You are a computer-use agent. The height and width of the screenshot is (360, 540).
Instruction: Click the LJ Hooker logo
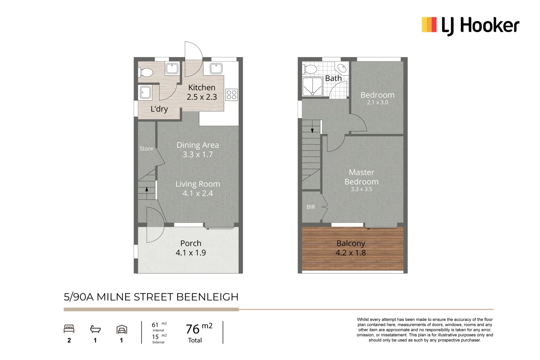pos(470,25)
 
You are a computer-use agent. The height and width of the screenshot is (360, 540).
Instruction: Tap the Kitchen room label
pos(202,88)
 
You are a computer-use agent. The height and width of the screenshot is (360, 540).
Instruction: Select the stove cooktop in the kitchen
pos(232,95)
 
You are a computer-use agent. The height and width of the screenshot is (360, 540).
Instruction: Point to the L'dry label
pos(159,109)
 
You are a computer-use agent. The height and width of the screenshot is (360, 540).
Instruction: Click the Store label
pos(146,149)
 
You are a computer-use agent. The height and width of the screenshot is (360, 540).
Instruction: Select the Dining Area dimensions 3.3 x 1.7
pos(198,155)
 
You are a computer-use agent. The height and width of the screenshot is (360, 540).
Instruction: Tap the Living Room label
pos(198,184)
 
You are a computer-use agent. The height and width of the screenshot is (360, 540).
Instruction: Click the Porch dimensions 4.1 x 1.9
pos(191,253)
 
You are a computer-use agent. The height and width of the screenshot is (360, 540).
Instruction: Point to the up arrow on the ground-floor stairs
pos(147,190)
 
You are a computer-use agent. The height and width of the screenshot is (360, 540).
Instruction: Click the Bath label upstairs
pos(333,78)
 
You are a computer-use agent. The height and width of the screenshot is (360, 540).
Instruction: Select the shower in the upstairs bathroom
pos(312,87)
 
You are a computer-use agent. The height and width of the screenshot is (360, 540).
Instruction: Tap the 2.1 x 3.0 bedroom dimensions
pos(377,103)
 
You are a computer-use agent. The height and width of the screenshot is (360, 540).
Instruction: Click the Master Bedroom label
pos(361,177)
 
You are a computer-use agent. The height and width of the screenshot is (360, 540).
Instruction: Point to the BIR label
pos(311,207)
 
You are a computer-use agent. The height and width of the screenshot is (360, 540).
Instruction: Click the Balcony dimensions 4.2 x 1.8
pos(351,253)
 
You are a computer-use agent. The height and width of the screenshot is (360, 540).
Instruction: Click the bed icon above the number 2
pos(69,329)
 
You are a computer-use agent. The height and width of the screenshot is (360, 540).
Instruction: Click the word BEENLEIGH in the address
pos(207,297)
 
